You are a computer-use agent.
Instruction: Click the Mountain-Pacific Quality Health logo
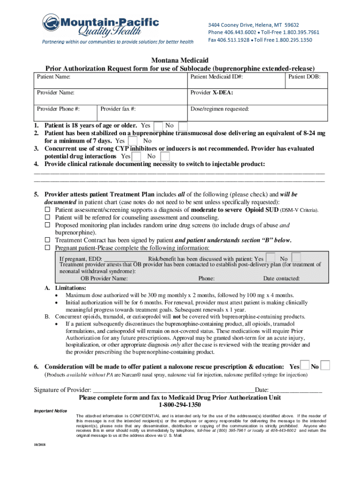coord(101,27)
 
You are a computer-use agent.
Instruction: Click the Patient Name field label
coord(54,77)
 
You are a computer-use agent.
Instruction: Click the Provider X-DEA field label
coord(212,93)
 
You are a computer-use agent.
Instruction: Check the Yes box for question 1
coord(158,126)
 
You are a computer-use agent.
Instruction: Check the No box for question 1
coord(183,126)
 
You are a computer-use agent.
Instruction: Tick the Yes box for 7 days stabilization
coord(133,141)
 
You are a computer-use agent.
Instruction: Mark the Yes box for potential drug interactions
coord(137,156)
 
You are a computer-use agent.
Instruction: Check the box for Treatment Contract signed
coord(47,240)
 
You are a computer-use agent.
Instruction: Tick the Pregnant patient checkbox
coord(47,247)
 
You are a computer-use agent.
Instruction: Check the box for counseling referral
coord(47,218)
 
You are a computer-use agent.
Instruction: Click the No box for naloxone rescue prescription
coord(325,365)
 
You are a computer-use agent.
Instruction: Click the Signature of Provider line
coord(173,390)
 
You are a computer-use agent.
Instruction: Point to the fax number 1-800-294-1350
coord(180,405)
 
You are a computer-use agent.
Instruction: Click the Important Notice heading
coord(50,411)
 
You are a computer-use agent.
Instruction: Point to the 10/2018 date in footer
coord(40,443)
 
